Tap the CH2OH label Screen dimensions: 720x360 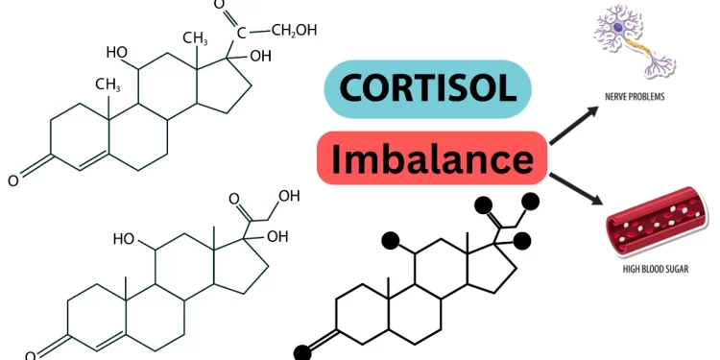pyautogui.click(x=294, y=31)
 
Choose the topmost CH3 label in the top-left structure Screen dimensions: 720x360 pyautogui.click(x=195, y=38)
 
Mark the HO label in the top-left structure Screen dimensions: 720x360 pyautogui.click(x=117, y=52)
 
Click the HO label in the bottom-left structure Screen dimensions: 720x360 pyautogui.click(x=124, y=238)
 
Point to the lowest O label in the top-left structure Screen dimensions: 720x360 pyautogui.click(x=12, y=180)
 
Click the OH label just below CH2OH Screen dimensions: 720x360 pyautogui.click(x=260, y=56)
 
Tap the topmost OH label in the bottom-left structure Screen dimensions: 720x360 pyautogui.click(x=289, y=196)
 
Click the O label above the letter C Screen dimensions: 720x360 pyautogui.click(x=219, y=6)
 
